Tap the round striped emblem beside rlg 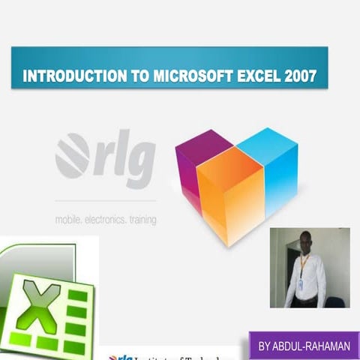pos(73,155)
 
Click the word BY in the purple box pos(265,347)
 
